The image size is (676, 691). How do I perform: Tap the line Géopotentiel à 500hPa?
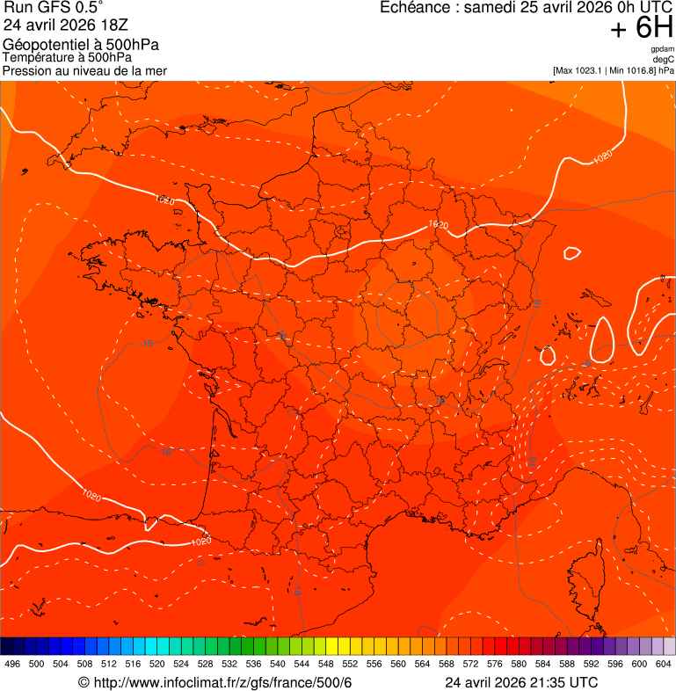pyautogui.click(x=81, y=45)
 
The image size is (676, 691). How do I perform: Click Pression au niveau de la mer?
pyautogui.click(x=84, y=70)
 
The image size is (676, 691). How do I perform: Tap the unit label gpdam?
pyautogui.click(x=662, y=49)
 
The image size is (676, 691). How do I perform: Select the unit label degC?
pyautogui.click(x=664, y=59)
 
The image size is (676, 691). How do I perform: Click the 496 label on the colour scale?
pyautogui.click(x=12, y=664)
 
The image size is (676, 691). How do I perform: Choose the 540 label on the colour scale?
pyautogui.click(x=278, y=664)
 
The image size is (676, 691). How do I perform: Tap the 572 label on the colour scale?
pyautogui.click(x=471, y=664)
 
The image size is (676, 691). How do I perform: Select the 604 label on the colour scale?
pyautogui.click(x=664, y=664)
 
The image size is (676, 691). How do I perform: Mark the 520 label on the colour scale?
pyautogui.click(x=157, y=664)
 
